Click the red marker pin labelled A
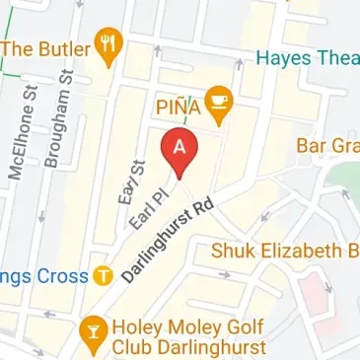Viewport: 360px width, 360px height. tap(180, 151)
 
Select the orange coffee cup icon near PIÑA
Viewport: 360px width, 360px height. tap(220, 99)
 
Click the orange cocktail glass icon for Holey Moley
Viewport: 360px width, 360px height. tap(94, 328)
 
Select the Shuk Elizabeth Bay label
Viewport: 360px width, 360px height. tap(286, 252)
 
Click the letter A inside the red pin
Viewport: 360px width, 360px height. tap(180, 145)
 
